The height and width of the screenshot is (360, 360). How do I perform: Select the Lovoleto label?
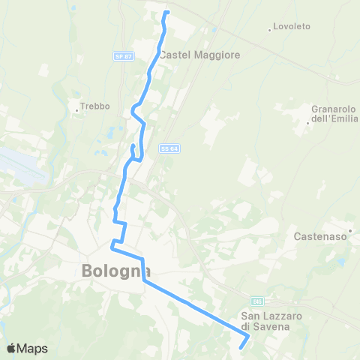292,26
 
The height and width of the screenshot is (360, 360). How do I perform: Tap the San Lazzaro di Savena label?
271,321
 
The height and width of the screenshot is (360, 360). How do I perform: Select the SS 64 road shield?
168,148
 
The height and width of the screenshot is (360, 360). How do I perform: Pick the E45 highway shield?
256,301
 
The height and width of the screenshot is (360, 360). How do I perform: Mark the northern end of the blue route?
166,12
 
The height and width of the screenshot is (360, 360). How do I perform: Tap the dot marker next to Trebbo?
76,110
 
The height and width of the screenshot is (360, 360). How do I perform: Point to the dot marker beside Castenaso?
350,230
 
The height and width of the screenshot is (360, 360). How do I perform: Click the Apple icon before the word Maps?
11,348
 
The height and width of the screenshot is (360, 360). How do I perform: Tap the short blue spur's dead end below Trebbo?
133,145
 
